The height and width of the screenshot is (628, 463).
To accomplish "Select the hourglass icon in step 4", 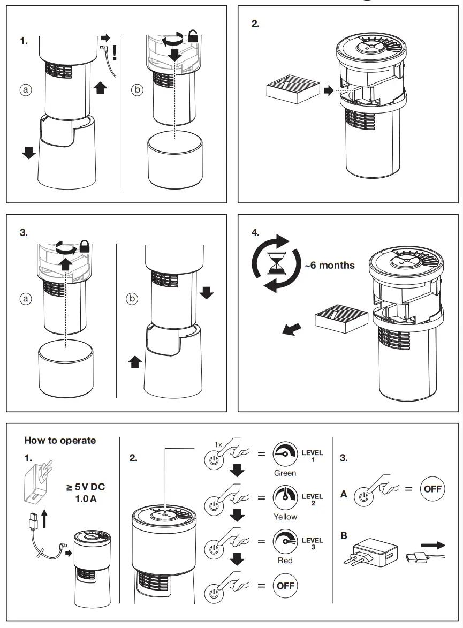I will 277,264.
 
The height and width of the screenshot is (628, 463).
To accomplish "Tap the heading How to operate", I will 60,440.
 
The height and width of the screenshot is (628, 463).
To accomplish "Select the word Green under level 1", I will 285,473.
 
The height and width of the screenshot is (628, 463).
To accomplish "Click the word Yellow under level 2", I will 285,517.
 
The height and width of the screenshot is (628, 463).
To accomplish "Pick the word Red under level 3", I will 285,560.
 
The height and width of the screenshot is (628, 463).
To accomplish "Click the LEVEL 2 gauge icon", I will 285,497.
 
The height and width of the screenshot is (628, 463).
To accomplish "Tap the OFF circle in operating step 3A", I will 432,489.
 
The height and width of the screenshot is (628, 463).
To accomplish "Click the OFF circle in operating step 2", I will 285,585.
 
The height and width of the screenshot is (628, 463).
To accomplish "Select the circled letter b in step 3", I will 132,298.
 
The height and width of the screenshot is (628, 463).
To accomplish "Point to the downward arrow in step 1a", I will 29,153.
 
